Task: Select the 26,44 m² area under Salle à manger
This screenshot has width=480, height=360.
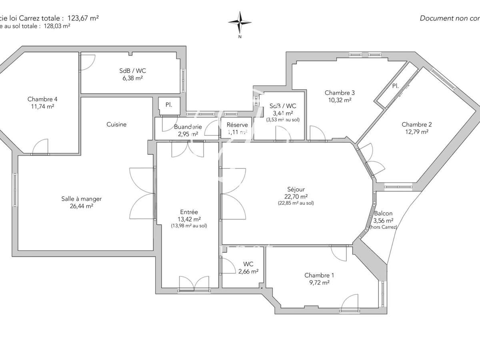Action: pyautogui.click(x=82, y=206)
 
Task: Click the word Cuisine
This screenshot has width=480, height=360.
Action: pyautogui.click(x=116, y=124)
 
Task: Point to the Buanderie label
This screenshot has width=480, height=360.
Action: pyautogui.click(x=188, y=127)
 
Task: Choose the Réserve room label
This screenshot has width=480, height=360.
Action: pyautogui.click(x=237, y=125)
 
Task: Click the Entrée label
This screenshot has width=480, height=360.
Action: pyautogui.click(x=189, y=212)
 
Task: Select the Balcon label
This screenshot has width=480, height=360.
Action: pyautogui.click(x=383, y=213)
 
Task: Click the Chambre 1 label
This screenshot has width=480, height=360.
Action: pyautogui.click(x=319, y=275)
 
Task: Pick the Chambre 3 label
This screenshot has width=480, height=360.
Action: pyautogui.click(x=339, y=92)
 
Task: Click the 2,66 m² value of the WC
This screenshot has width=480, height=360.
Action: pyautogui.click(x=248, y=271)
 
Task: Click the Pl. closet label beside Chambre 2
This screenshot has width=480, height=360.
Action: pyautogui.click(x=395, y=86)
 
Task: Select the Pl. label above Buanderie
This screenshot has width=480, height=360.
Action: pyautogui.click(x=169, y=105)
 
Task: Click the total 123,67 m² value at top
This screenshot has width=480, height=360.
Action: pyautogui.click(x=84, y=18)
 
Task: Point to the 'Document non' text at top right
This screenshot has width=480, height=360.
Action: pyautogui.click(x=444, y=18)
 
